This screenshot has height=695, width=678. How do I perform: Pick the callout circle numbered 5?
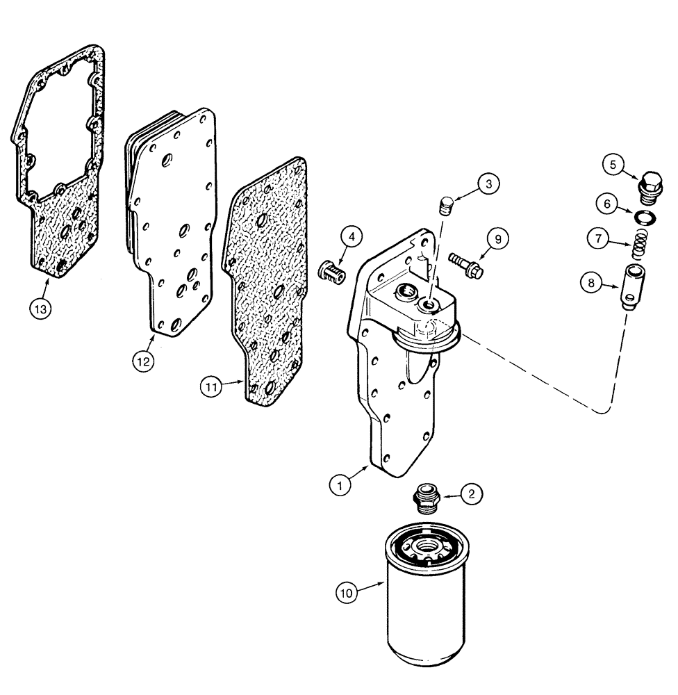coord(613,165)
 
